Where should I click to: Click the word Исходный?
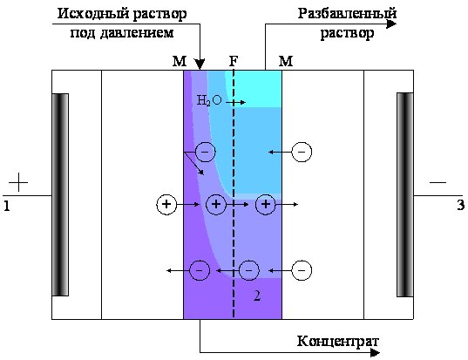point(93,14)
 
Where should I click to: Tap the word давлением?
point(137,32)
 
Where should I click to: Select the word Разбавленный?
point(347,14)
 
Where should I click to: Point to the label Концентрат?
point(338,341)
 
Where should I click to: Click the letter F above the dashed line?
point(234,61)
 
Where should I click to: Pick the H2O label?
point(209,100)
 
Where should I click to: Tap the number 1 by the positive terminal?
point(7,206)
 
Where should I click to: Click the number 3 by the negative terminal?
point(461,206)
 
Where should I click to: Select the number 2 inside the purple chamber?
point(257,295)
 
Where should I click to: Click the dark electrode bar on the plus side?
point(60,194)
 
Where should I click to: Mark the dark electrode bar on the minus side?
point(405,194)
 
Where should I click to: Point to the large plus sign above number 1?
point(18,182)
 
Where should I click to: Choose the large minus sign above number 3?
point(437,182)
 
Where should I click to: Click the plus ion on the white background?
point(166,205)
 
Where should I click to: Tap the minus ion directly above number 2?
point(249,270)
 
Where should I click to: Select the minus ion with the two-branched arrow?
point(205,152)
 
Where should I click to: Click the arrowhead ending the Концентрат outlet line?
point(375,353)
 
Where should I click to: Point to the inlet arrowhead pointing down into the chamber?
point(200,64)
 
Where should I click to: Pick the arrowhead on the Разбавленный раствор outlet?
point(391,24)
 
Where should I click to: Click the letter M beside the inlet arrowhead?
point(180,61)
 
